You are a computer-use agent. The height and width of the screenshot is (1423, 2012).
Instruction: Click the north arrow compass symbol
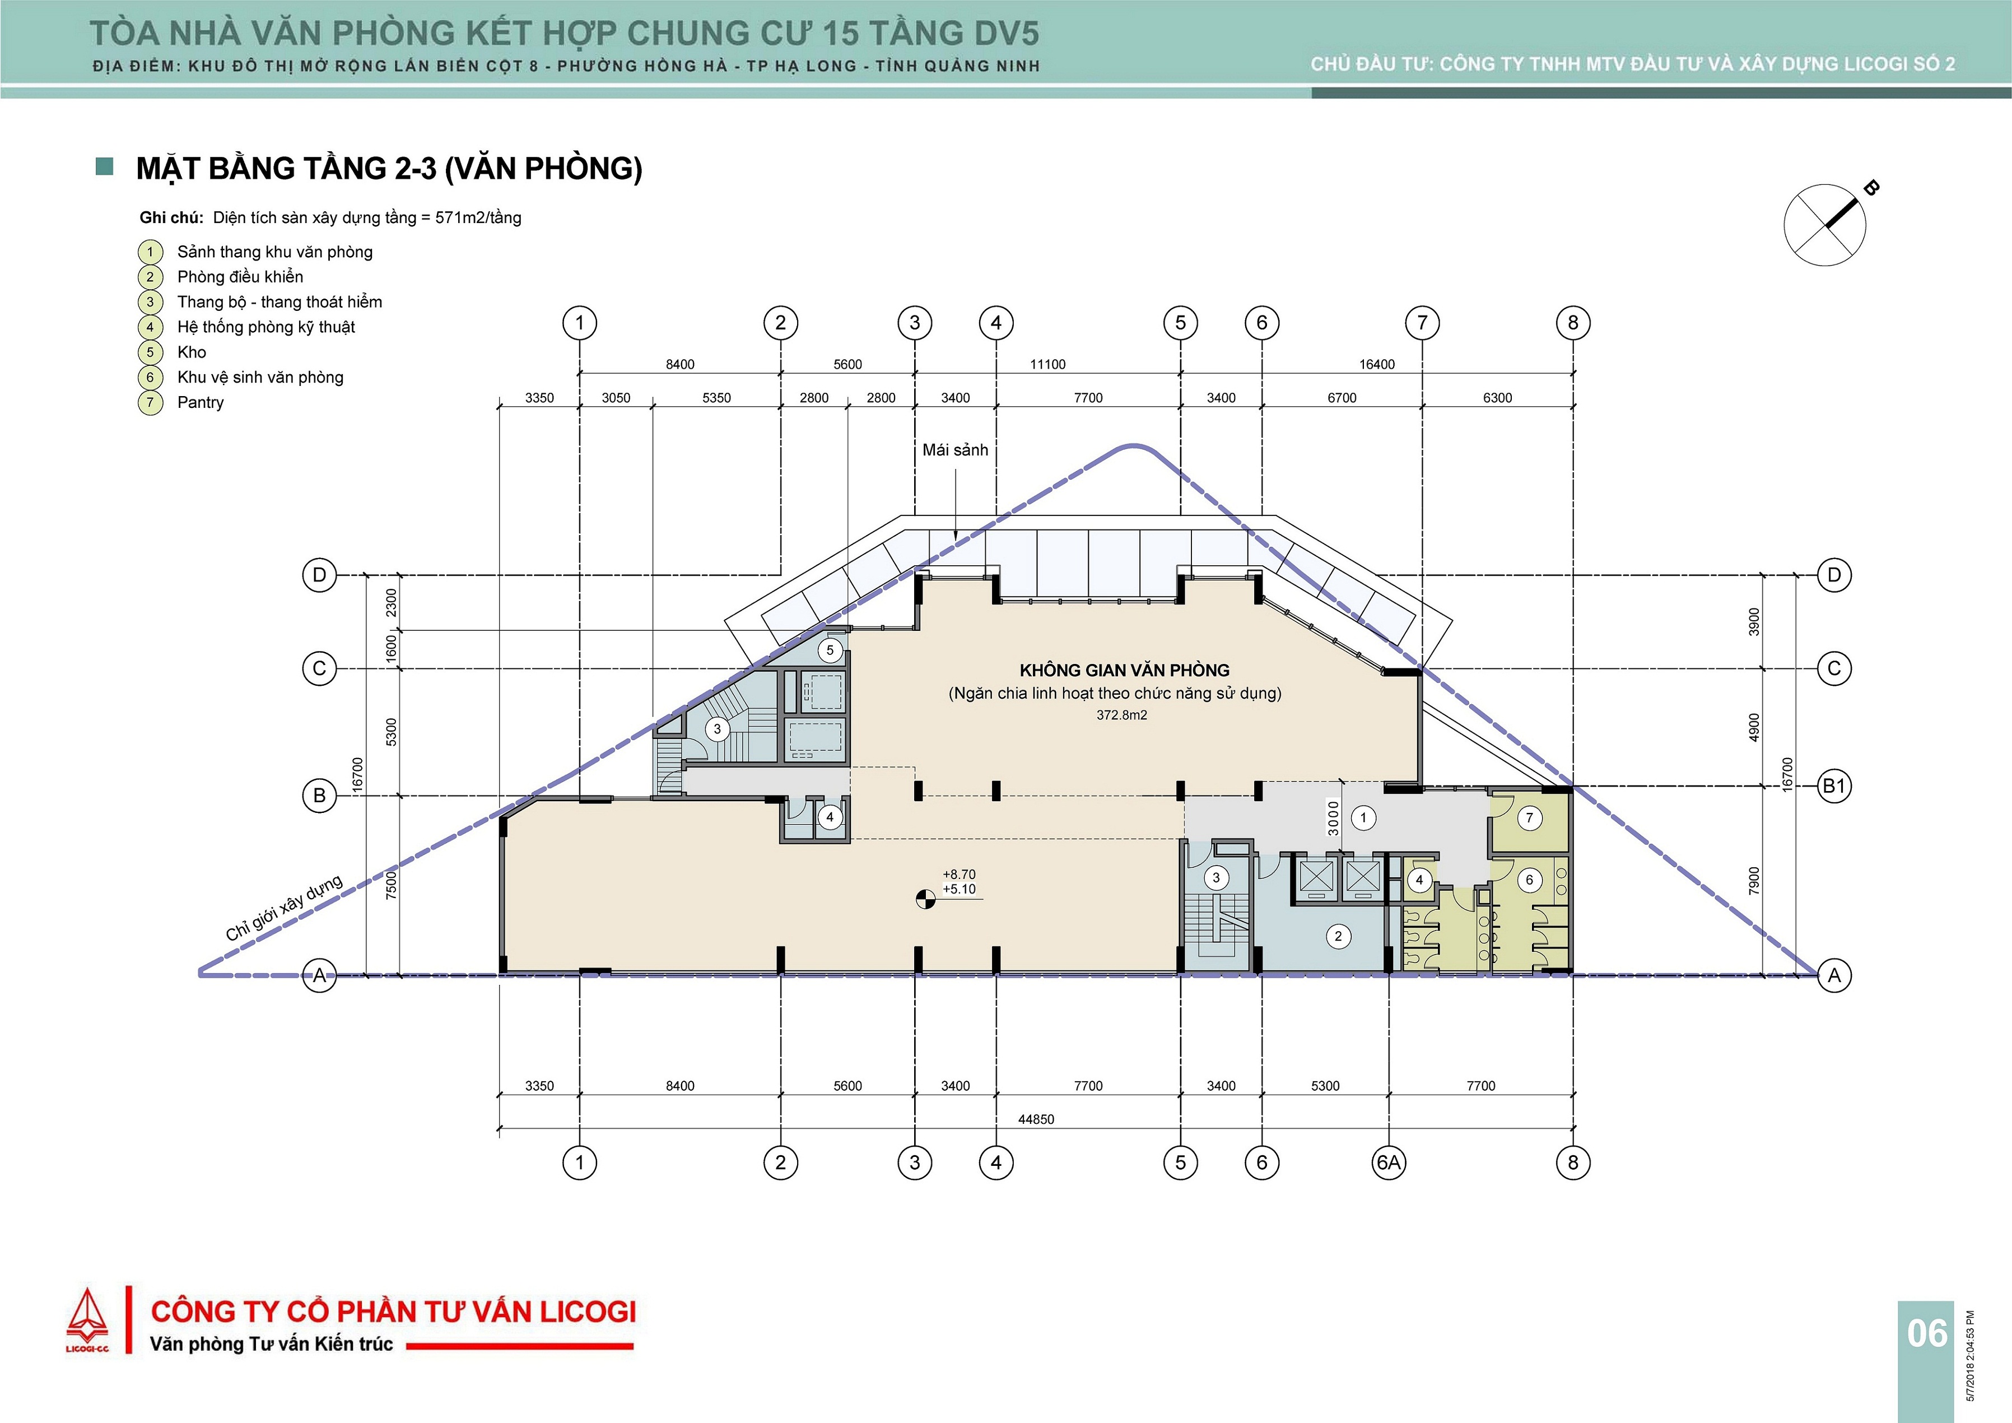pos(1825,225)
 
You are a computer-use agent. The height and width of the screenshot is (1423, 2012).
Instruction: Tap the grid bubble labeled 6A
pos(1389,1162)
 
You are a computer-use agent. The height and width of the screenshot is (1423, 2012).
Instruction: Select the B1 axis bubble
pos(1834,786)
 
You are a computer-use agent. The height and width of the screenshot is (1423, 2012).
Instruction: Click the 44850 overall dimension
pos(1036,1119)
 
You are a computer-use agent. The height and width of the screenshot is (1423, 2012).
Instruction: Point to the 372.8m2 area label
pos(1122,715)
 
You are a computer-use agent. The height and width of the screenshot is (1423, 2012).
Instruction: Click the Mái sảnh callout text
pos(955,449)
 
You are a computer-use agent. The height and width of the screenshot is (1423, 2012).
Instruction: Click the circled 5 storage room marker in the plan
pos(830,650)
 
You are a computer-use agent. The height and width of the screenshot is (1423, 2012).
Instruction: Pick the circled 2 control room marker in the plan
pos(1338,936)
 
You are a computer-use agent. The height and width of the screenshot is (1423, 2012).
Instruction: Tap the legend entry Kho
pos(192,352)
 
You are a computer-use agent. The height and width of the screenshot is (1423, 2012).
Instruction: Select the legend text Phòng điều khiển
pos(240,277)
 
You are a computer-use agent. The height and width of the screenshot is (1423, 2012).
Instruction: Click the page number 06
pos(1927,1333)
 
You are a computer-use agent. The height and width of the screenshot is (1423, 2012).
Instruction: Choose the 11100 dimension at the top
pos(1047,365)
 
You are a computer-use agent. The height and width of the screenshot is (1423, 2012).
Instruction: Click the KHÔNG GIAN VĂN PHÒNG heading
pos(1124,670)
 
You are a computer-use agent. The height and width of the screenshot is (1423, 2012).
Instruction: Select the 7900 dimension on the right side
pos(1753,881)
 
